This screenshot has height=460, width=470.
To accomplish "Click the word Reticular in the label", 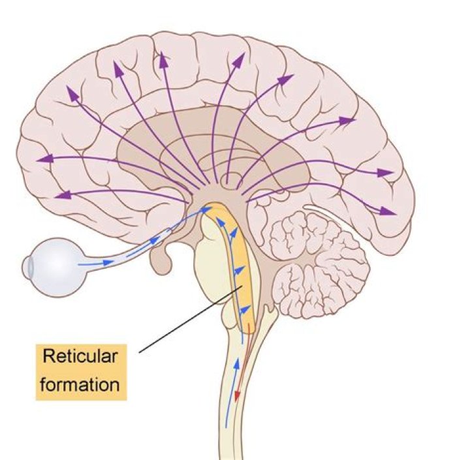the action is tap(80, 356).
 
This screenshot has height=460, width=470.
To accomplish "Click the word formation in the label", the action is tap(80, 384).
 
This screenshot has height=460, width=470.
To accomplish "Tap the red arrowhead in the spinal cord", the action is tap(237, 395).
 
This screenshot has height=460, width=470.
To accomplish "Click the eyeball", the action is tap(55, 268).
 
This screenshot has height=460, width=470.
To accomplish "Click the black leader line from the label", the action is tap(191, 319).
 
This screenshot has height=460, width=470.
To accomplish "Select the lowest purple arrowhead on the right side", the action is tap(388, 211).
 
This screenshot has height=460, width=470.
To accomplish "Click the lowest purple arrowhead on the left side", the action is tap(63, 195).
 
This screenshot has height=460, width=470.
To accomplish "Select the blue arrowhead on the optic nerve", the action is tap(155, 240).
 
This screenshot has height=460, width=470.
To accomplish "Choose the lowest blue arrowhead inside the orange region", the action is tap(245, 309).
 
